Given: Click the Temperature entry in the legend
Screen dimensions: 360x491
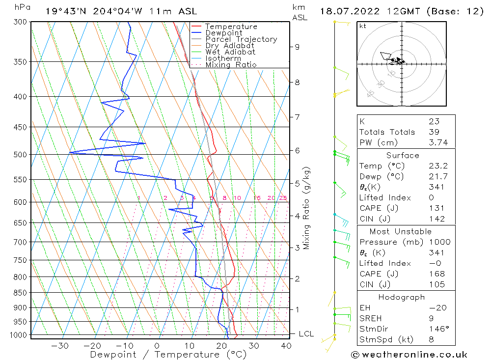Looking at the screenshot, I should (x=231, y=27).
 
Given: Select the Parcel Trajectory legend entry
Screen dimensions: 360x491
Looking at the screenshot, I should (x=241, y=39).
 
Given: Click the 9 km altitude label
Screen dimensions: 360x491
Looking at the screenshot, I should (x=297, y=47).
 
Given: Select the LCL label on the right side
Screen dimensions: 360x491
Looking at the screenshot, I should (x=306, y=334).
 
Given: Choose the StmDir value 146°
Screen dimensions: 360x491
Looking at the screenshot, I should (x=437, y=329).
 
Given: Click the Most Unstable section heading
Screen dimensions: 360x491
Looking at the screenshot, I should (x=400, y=231).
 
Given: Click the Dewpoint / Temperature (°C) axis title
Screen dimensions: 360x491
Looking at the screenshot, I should (x=168, y=355).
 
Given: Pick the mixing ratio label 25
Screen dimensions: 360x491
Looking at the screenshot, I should (x=283, y=198).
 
